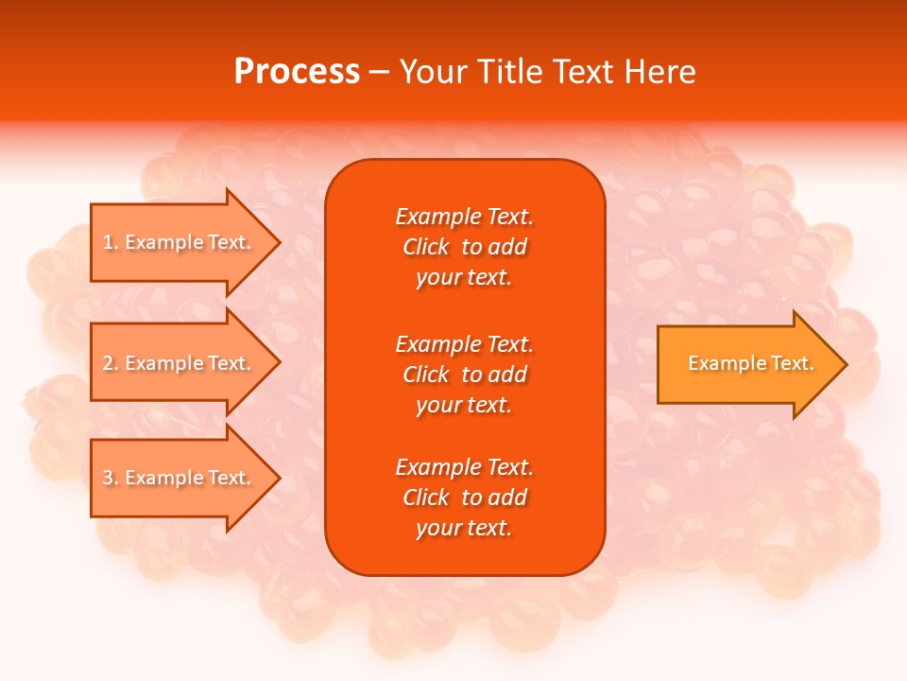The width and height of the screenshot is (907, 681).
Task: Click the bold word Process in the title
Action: click(x=297, y=72)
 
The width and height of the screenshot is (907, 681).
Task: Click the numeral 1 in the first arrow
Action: click(x=108, y=242)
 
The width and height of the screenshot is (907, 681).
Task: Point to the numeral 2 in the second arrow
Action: click(x=108, y=363)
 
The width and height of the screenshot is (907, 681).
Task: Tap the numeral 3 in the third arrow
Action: click(x=108, y=478)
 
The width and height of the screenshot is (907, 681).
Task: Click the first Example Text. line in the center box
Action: click(x=464, y=217)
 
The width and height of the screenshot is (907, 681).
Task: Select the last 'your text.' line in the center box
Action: click(x=464, y=528)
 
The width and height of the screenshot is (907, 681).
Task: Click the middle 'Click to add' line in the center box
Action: click(x=464, y=375)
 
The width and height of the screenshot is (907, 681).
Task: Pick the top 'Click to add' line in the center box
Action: click(x=464, y=247)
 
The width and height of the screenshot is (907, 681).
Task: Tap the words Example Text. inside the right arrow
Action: click(x=750, y=363)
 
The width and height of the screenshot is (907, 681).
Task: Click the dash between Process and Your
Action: click(x=379, y=72)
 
